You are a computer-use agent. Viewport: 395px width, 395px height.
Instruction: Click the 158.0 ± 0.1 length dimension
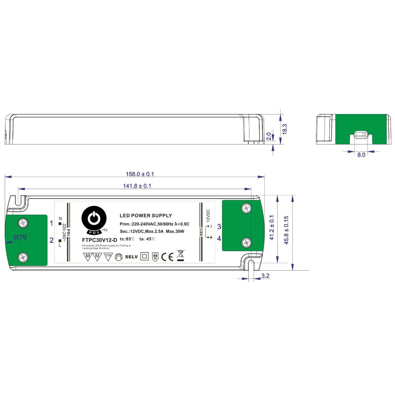137,174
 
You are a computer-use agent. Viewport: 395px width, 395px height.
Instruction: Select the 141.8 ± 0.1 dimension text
137,186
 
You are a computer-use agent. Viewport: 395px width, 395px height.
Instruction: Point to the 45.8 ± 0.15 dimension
286,230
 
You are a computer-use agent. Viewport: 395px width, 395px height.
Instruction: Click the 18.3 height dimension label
285,129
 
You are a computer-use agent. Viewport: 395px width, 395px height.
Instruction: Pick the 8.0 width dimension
361,155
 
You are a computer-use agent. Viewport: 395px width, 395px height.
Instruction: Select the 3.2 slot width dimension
266,276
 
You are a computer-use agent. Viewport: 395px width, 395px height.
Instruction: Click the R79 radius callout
20,237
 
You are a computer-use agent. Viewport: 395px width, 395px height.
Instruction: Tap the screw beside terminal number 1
23,222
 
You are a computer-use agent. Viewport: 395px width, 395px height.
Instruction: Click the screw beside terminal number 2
23,257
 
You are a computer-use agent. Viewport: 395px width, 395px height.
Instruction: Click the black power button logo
94,218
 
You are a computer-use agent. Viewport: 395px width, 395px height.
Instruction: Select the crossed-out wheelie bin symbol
180,255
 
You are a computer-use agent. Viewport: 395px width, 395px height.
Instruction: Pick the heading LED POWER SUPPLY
146,216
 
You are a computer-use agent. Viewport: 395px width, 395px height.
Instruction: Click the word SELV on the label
131,257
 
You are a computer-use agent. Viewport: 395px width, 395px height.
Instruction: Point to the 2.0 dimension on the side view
269,136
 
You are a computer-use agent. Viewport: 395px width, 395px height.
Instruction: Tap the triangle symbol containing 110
108,256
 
